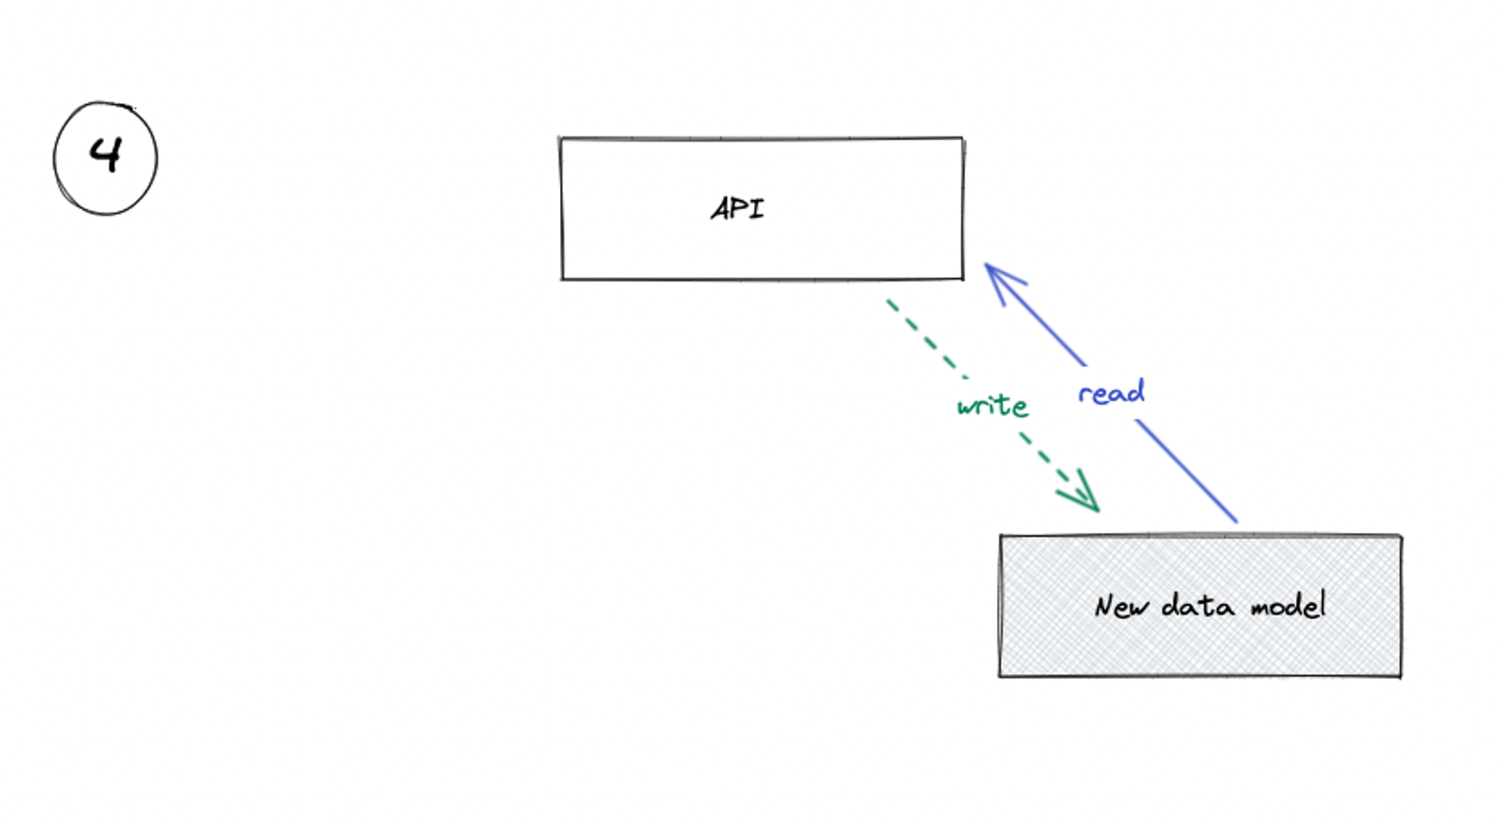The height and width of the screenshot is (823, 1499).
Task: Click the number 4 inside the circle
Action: click(x=106, y=155)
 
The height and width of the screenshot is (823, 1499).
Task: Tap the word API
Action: click(x=738, y=209)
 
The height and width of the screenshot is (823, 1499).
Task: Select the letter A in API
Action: click(x=722, y=209)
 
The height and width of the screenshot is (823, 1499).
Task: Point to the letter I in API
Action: click(x=756, y=209)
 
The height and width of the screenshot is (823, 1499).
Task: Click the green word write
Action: click(x=992, y=406)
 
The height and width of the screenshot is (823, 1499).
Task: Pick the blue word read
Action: click(x=1111, y=392)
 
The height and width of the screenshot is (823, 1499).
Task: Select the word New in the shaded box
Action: click(x=1121, y=606)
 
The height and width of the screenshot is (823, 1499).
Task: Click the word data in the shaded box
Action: click(x=1197, y=605)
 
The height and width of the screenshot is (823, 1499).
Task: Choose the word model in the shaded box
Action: click(x=1288, y=604)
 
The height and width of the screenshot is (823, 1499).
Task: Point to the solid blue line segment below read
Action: click(x=1186, y=471)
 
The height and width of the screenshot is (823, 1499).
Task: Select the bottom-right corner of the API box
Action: click(x=962, y=279)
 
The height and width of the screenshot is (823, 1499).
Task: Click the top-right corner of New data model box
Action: click(x=1400, y=536)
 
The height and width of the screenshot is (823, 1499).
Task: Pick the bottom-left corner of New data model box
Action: click(x=1001, y=675)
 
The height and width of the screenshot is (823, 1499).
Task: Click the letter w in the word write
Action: click(x=967, y=407)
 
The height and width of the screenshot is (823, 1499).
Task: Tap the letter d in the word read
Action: click(x=1136, y=391)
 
